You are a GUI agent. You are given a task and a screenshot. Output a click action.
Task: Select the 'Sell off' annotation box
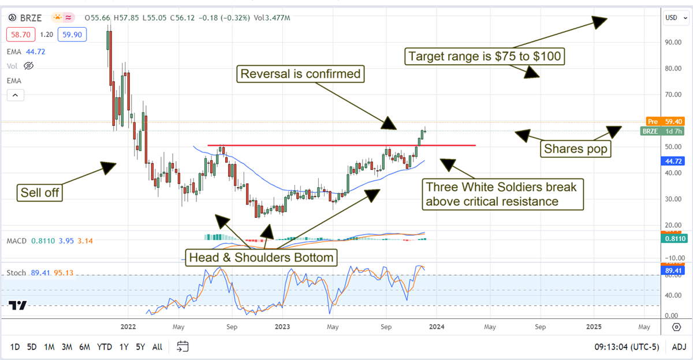[x=40, y=192]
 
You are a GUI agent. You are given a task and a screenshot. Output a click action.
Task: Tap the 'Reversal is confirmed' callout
[x=300, y=74]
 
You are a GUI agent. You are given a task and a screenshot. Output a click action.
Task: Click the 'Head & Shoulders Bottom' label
[x=260, y=258]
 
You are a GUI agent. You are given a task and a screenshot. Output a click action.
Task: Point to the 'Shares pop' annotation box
[x=575, y=149]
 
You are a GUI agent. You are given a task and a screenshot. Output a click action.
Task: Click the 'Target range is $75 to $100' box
[x=484, y=57]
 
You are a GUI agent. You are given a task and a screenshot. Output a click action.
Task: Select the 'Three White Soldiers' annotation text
[x=500, y=194]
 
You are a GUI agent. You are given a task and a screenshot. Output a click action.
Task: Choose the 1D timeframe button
[x=15, y=347]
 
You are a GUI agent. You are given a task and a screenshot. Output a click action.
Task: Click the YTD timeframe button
[x=105, y=347]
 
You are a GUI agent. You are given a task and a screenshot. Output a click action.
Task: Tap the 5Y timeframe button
[x=140, y=347]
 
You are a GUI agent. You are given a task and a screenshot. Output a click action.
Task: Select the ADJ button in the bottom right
[x=679, y=347]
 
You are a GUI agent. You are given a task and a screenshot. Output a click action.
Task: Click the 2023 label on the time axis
[x=282, y=326]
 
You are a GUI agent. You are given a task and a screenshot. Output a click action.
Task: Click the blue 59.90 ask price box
[x=72, y=34]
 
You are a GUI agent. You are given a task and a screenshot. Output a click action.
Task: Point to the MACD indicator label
[x=17, y=240]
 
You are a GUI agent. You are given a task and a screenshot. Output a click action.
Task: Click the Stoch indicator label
[x=16, y=272]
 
